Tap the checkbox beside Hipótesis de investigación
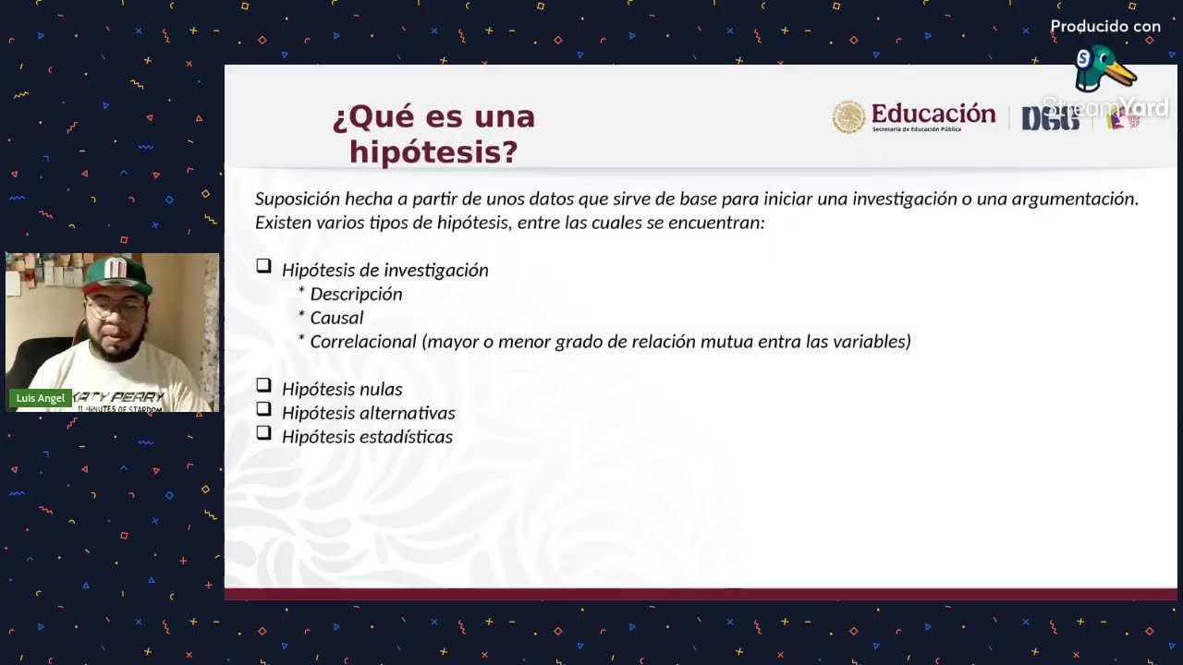(264, 266)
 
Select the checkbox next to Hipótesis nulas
(264, 385)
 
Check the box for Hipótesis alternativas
(264, 408)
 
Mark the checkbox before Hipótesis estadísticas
(264, 432)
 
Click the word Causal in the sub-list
(336, 318)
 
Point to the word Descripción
(356, 294)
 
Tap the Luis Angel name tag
(41, 398)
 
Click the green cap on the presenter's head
(115, 274)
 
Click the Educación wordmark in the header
(933, 114)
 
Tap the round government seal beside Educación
(848, 117)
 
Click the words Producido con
(1105, 27)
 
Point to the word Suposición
(297, 199)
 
